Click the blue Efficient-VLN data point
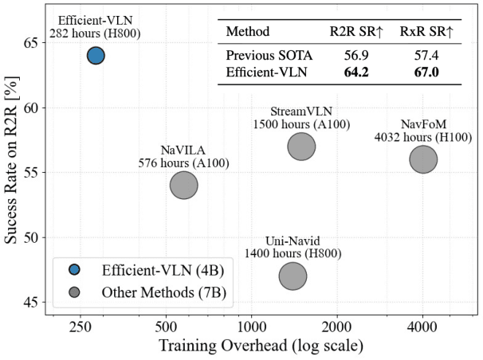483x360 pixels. click(x=96, y=55)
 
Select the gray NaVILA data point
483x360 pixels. click(x=184, y=185)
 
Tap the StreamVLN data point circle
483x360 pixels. click(x=301, y=146)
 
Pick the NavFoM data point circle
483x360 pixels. click(x=422, y=159)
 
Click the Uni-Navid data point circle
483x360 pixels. click(x=293, y=276)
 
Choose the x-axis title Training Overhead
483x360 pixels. click(x=261, y=347)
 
